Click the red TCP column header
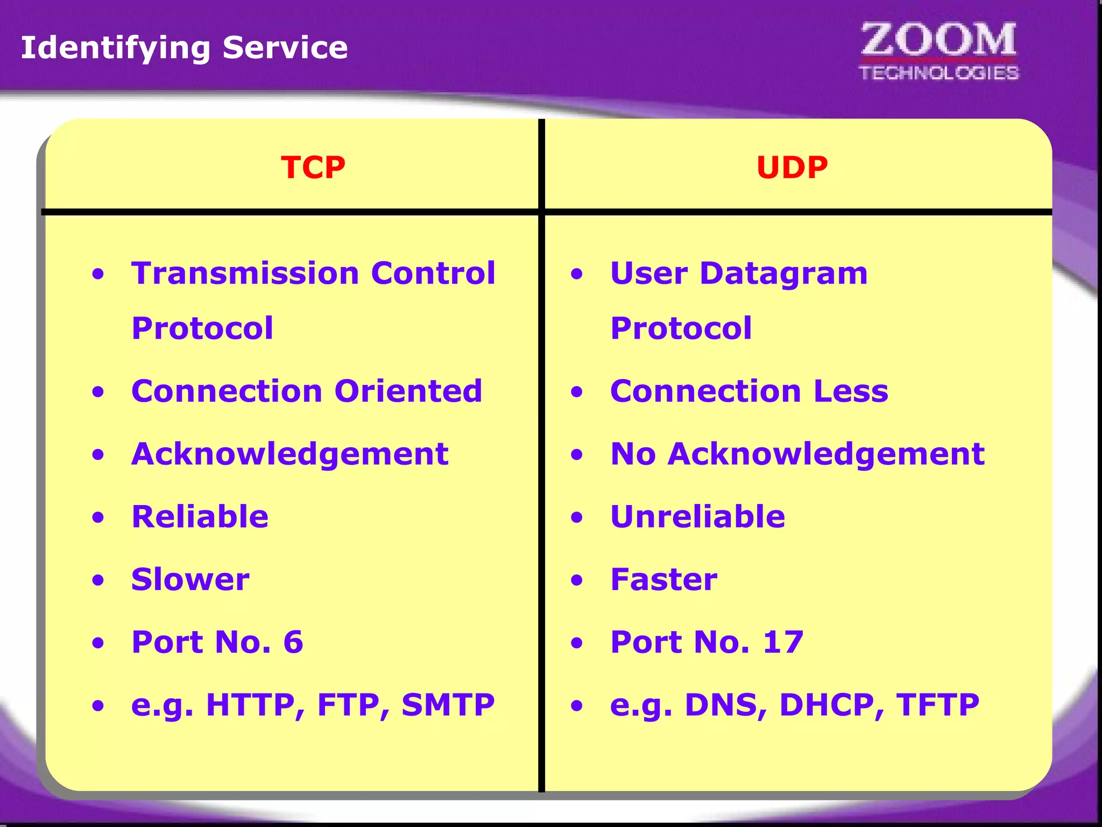pyautogui.click(x=313, y=167)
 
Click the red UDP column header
pyautogui.click(x=792, y=167)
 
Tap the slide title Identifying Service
pyautogui.click(x=184, y=48)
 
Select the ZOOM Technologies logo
pyautogui.click(x=938, y=52)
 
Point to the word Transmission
pyautogui.click(x=245, y=273)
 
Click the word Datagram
pyautogui.click(x=783, y=274)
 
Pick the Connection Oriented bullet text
pyautogui.click(x=307, y=391)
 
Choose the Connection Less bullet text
pyautogui.click(x=749, y=391)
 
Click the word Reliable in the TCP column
pyautogui.click(x=200, y=517)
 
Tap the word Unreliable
pyautogui.click(x=697, y=517)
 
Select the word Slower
pyautogui.click(x=190, y=580)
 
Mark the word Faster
pyautogui.click(x=663, y=580)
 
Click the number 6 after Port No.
pyautogui.click(x=293, y=642)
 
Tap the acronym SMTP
pyautogui.click(x=448, y=705)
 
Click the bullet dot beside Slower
pyautogui.click(x=98, y=580)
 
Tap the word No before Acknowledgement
pyautogui.click(x=633, y=454)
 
